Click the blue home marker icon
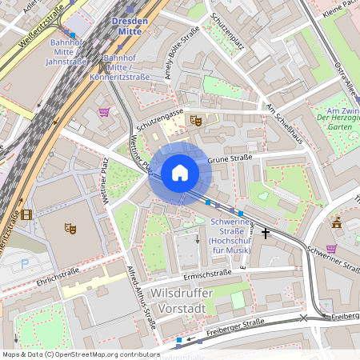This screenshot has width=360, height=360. (180, 172)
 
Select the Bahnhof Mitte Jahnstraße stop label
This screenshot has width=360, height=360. (66, 51)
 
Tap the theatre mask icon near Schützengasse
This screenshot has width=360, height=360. (194, 121)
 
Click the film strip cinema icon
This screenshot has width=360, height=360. (27, 214)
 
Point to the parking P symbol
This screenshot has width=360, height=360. (23, 263)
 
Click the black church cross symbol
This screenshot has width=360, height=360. (266, 233)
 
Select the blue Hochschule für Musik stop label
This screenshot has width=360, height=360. (230, 236)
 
